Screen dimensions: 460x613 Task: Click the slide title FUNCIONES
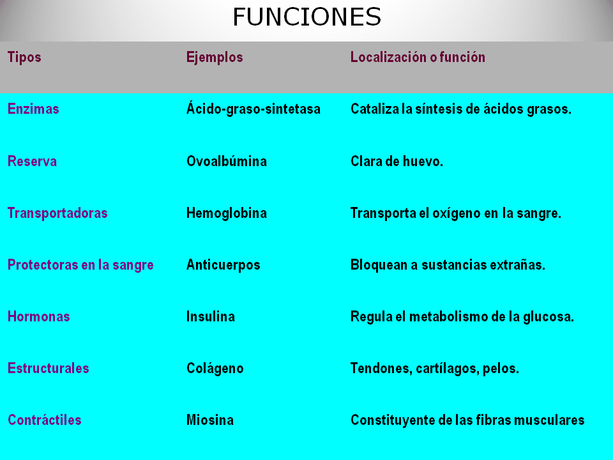tap(306, 17)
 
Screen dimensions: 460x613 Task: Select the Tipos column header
tap(24, 57)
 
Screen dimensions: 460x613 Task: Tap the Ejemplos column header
tap(215, 57)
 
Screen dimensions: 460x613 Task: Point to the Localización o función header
tap(418, 57)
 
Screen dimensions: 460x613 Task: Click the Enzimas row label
tap(33, 109)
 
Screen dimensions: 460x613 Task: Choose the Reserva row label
tap(32, 162)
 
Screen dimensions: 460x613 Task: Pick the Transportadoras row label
tap(57, 213)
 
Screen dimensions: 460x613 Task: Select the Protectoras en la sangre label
tap(80, 265)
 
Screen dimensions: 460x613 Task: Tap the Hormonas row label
tap(39, 317)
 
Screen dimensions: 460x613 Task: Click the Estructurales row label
tap(49, 369)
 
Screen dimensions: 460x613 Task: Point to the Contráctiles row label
tap(45, 420)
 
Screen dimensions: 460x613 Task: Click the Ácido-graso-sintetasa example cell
tap(254, 109)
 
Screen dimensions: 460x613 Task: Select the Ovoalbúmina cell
tap(227, 162)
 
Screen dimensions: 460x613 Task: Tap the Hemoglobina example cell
tap(227, 213)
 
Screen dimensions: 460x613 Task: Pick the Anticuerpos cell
tap(223, 265)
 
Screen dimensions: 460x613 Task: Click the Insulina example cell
tap(211, 317)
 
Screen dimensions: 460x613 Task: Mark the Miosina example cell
tap(210, 420)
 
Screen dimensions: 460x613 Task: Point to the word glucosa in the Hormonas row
tap(550, 317)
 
